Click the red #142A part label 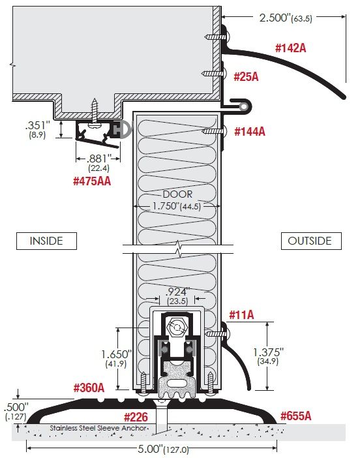click(x=290, y=48)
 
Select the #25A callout click(x=246, y=77)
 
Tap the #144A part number click(x=250, y=131)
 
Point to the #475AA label click(x=92, y=181)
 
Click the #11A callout click(x=241, y=315)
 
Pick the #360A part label click(x=89, y=388)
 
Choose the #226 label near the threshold click(x=136, y=417)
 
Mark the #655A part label click(x=296, y=416)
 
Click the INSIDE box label click(x=46, y=241)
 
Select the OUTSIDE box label click(x=311, y=241)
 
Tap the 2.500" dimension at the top click(x=286, y=18)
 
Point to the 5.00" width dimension click(x=163, y=449)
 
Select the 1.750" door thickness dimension click(x=176, y=206)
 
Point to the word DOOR click(x=177, y=194)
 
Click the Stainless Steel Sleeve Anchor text click(x=98, y=428)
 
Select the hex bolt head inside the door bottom click(x=177, y=328)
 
